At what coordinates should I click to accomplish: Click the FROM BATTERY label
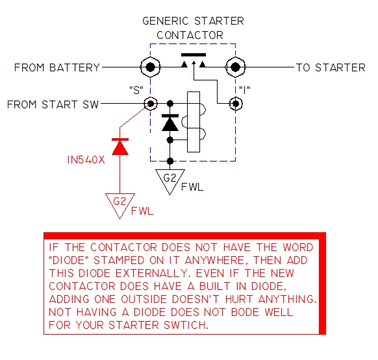point(57,67)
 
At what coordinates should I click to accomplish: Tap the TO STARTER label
point(331,67)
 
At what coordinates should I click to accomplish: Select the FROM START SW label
point(53,104)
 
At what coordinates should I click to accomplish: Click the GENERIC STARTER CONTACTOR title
point(193,28)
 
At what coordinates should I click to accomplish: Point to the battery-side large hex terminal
point(150,67)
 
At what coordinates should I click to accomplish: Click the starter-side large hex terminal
point(236,67)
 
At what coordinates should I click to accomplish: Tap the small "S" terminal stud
point(151,104)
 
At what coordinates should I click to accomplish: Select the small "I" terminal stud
point(236,104)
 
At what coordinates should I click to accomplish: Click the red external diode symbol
point(120,147)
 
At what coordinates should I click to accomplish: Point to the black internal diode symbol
point(170,123)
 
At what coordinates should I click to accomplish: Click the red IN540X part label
point(86,160)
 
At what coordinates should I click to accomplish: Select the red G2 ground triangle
point(120,206)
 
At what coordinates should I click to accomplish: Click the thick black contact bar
point(194,54)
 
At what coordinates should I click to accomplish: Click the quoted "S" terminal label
point(136,90)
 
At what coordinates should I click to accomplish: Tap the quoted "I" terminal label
point(244,90)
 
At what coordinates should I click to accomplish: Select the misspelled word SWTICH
point(186,325)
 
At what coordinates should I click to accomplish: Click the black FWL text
point(192,187)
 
